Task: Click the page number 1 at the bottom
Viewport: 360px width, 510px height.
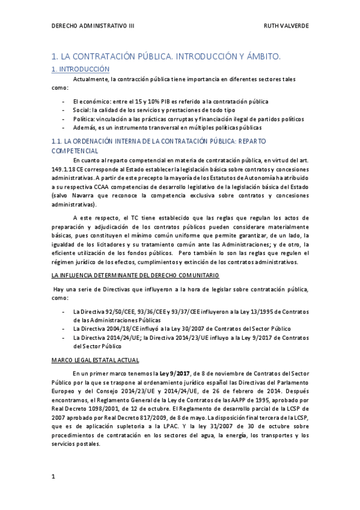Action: pos(53,476)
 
